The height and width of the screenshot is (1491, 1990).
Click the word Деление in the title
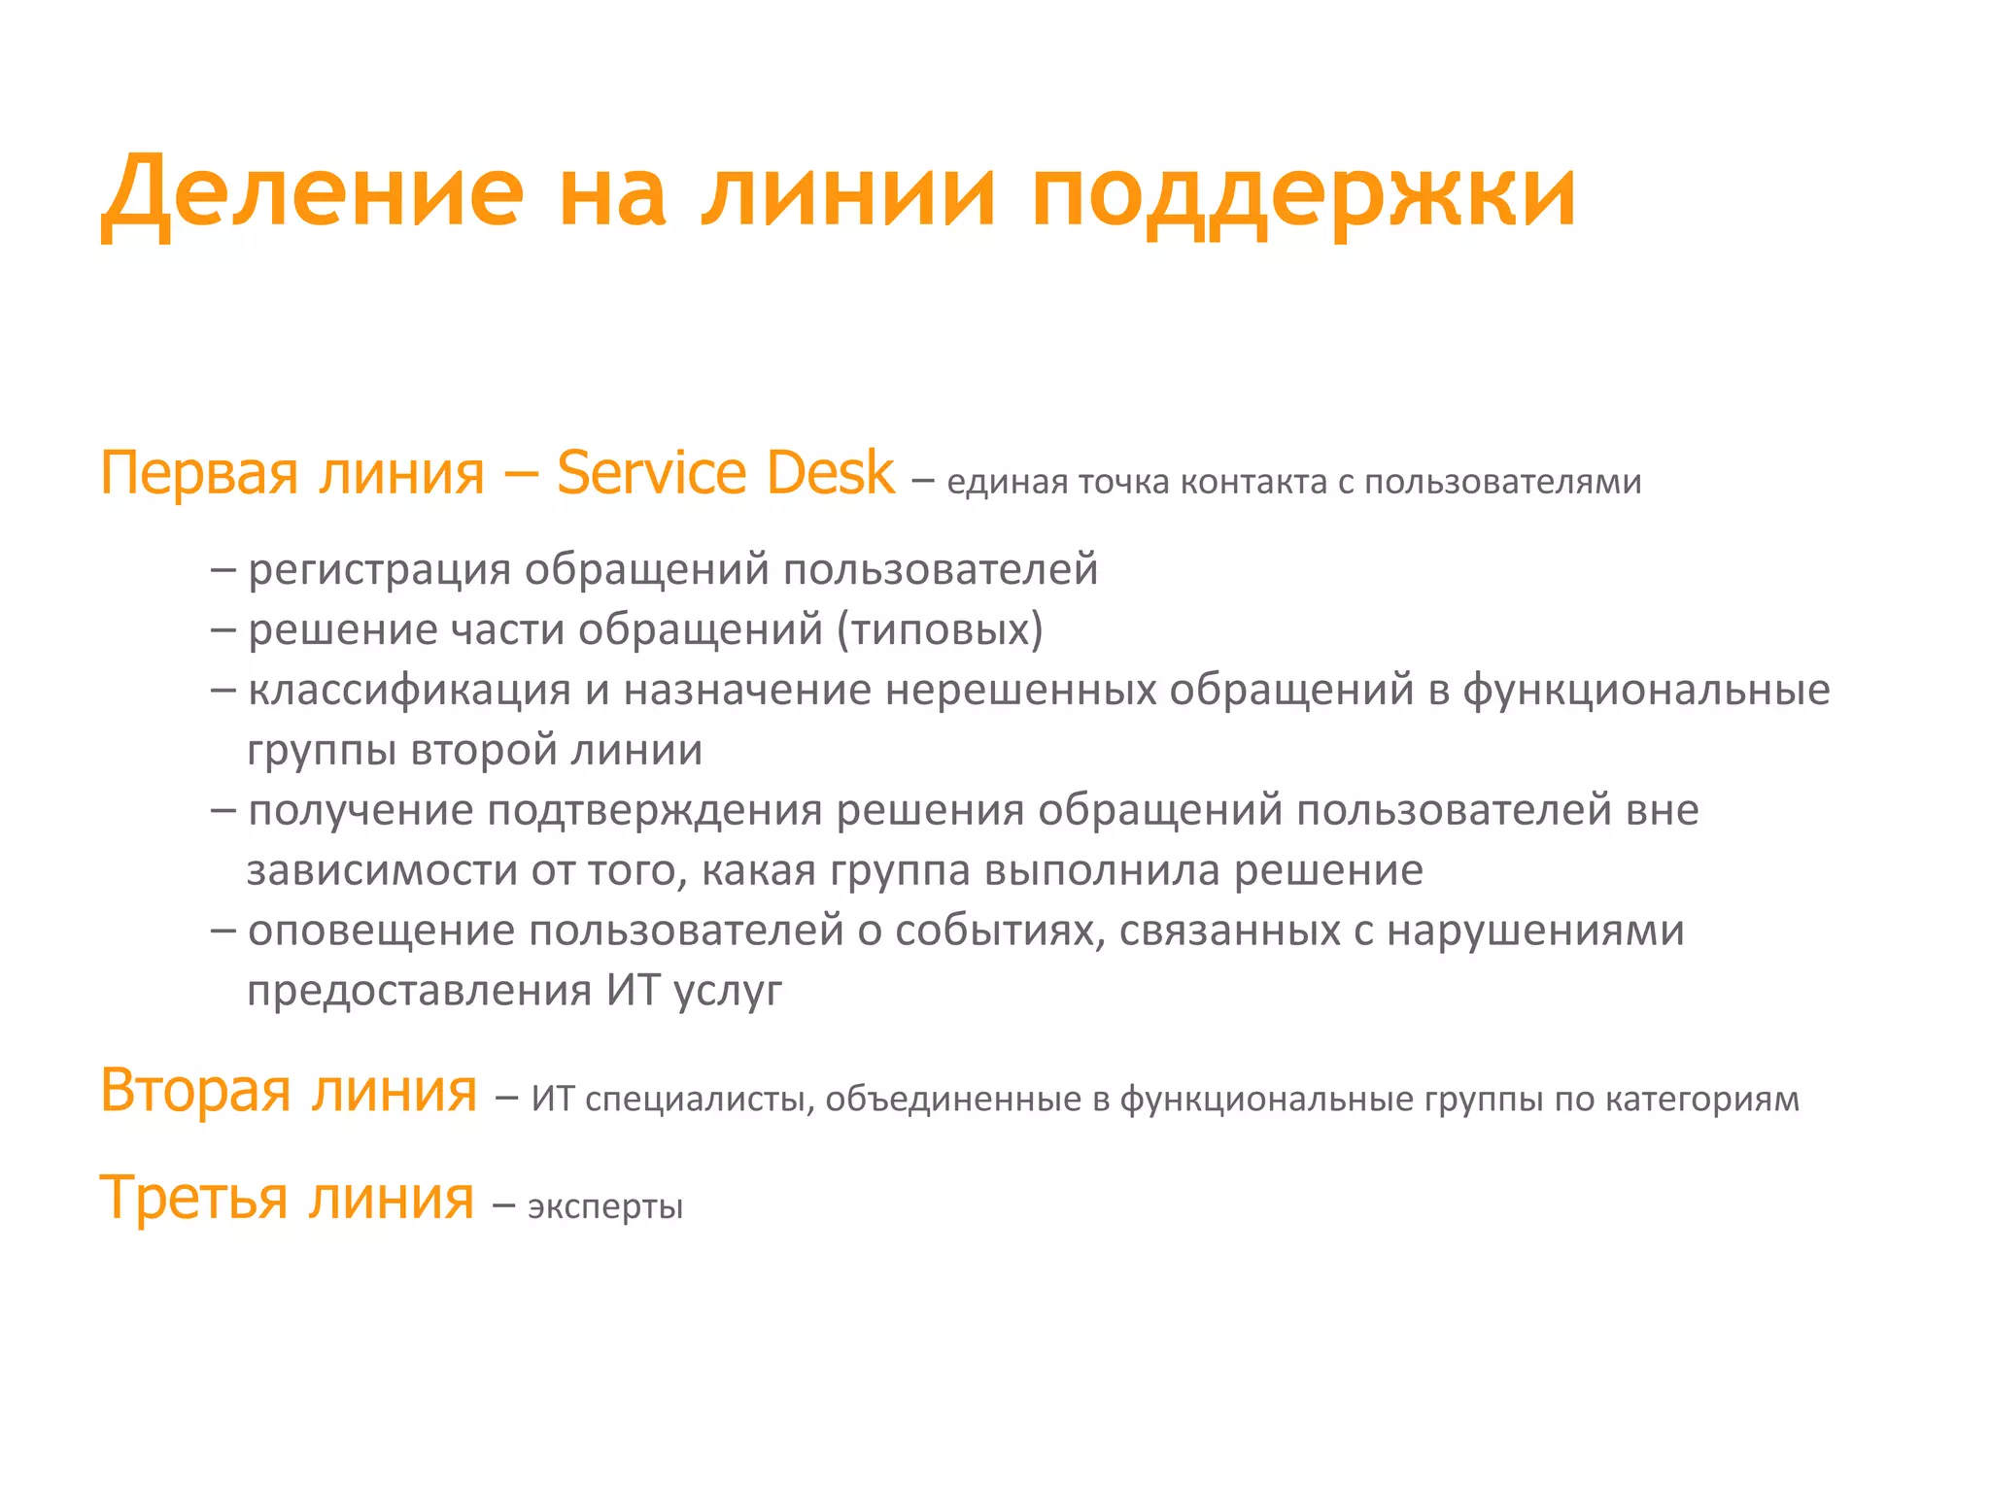point(313,193)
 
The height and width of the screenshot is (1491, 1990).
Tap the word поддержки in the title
point(1303,193)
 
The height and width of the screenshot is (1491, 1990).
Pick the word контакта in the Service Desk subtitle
point(1253,482)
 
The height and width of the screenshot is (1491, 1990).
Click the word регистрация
point(379,569)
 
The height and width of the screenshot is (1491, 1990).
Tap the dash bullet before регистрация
point(223,569)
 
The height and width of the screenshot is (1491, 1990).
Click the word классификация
point(409,690)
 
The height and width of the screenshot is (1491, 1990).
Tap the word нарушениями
point(1535,931)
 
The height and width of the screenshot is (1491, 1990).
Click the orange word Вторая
point(195,1091)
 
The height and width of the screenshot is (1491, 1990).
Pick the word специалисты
point(700,1100)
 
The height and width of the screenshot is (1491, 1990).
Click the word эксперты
point(605,1207)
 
